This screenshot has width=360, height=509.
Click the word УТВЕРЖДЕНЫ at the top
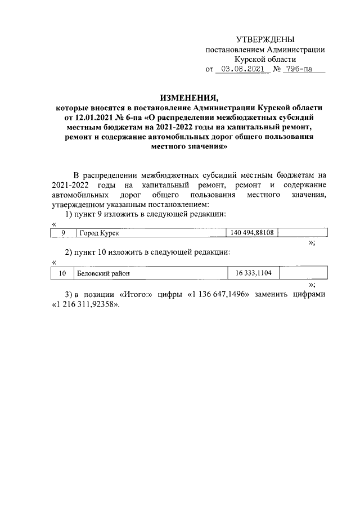265,39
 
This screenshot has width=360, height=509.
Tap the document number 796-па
298,70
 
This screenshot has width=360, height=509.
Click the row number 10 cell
63,273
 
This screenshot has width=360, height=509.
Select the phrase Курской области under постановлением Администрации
265,60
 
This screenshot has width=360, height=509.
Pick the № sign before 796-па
277,70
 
